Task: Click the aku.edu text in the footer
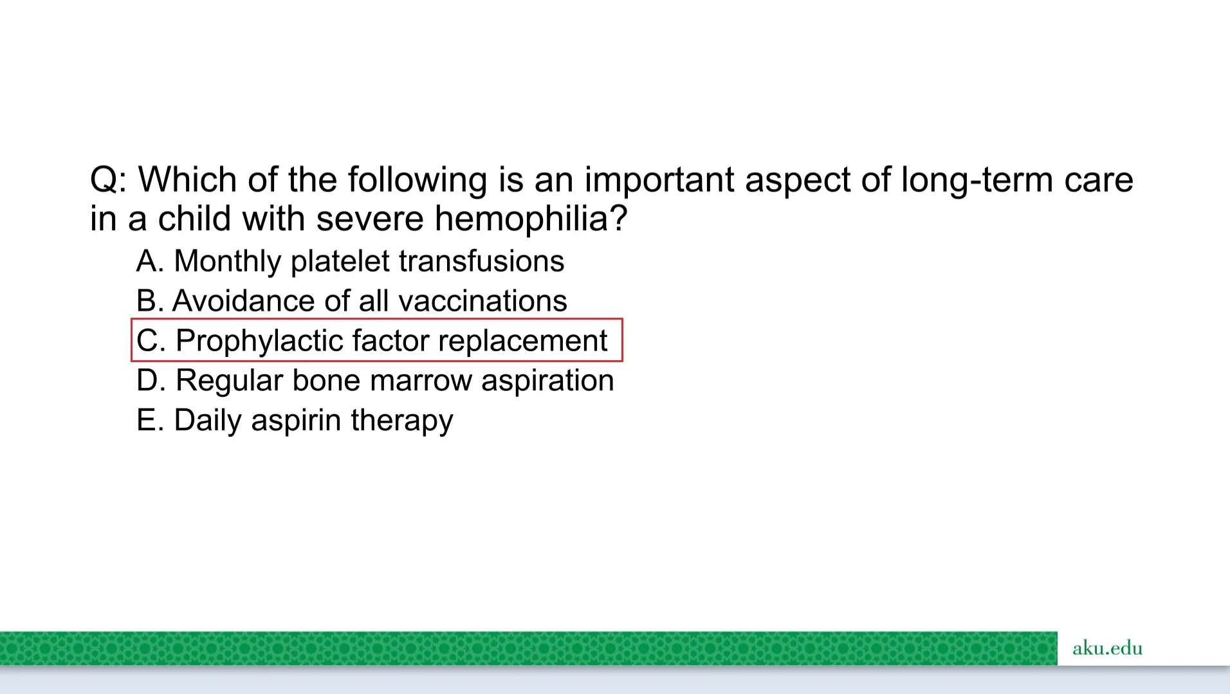pos(1107,648)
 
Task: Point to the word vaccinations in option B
pos(482,301)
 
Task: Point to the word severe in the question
pos(370,219)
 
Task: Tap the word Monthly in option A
pos(228,262)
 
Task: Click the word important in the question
pos(659,180)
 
